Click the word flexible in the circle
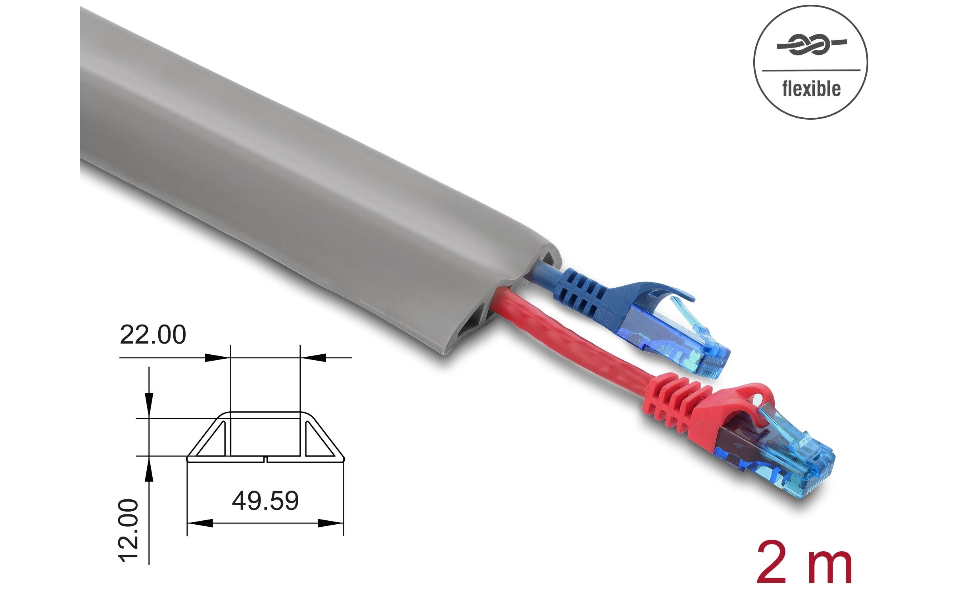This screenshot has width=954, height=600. [x=811, y=89]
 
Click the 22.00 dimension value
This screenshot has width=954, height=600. [x=153, y=335]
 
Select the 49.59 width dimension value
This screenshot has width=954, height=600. [x=265, y=501]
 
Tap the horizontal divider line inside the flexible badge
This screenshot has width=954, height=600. [x=811, y=71]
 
